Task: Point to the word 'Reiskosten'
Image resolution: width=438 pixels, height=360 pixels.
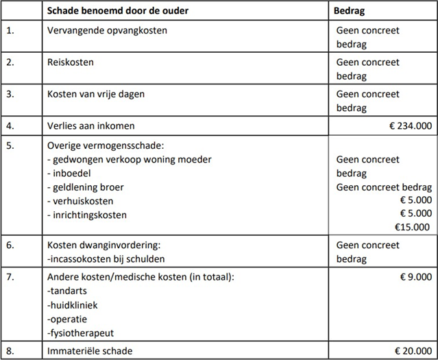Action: [71, 62]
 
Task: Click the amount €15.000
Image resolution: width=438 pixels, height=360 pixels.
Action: [413, 228]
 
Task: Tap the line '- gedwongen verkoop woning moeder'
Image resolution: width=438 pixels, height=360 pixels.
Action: [130, 160]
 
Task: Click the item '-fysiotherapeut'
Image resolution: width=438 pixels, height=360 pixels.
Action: [80, 334]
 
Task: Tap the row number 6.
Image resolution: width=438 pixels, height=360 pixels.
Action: [10, 245]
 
